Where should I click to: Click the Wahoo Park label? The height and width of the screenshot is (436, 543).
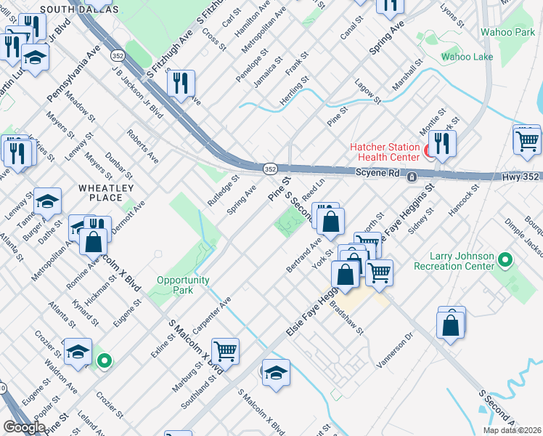(507, 33)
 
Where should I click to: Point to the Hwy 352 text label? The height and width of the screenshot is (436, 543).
(520, 177)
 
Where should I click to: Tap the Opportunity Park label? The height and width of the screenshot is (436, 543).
(183, 285)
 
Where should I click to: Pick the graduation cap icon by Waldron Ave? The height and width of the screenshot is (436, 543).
(78, 352)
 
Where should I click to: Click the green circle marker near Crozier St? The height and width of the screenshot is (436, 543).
(105, 360)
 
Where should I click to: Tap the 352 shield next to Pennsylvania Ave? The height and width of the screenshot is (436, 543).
(117, 55)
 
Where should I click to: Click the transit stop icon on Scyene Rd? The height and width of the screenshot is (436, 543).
(412, 177)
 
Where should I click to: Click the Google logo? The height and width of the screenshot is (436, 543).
(25, 427)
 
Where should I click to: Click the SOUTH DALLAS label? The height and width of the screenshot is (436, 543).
(80, 9)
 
